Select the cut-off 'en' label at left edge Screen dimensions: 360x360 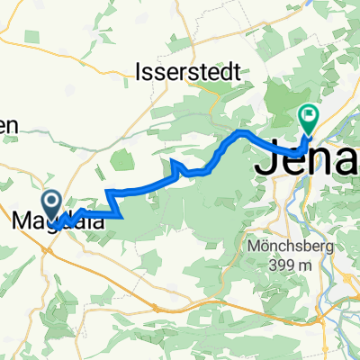click(x=8, y=128)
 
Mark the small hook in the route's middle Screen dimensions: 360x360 click(x=177, y=164)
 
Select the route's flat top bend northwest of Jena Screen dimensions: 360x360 click(x=240, y=133)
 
